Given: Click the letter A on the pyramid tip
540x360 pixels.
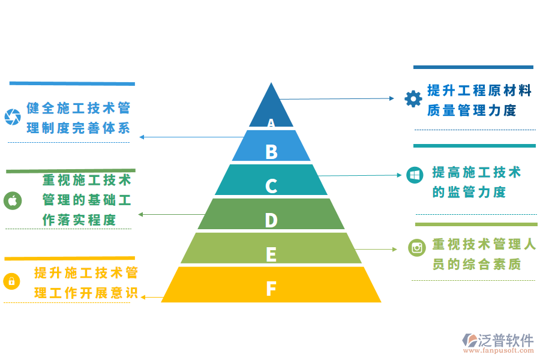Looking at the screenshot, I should point(271,123).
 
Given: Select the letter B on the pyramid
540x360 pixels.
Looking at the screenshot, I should point(271,152).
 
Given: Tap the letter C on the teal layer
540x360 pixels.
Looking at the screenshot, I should point(271,186).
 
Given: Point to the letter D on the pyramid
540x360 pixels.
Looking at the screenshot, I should point(271,220).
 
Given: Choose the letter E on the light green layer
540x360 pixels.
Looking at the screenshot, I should point(271,254).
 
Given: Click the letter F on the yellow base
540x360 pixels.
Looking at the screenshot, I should point(271,289).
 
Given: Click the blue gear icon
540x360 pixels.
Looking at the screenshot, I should point(413,98).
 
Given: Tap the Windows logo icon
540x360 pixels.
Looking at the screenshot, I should point(415,175).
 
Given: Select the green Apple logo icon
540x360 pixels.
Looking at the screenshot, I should point(13,200).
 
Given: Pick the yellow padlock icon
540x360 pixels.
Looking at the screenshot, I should point(12,281).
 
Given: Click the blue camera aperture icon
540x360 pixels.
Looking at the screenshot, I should point(13,117).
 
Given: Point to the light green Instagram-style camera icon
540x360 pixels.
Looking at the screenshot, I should point(417,247).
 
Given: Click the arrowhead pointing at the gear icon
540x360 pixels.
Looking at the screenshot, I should point(391,98).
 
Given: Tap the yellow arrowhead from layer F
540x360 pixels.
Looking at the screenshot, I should point(145,297).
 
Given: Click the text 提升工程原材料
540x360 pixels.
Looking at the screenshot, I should point(479,91).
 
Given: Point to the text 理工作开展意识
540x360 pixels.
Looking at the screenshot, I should point(86,293).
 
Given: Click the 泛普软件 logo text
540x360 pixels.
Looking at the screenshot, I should point(506,340).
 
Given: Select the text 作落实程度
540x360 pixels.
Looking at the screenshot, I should point(79,220).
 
